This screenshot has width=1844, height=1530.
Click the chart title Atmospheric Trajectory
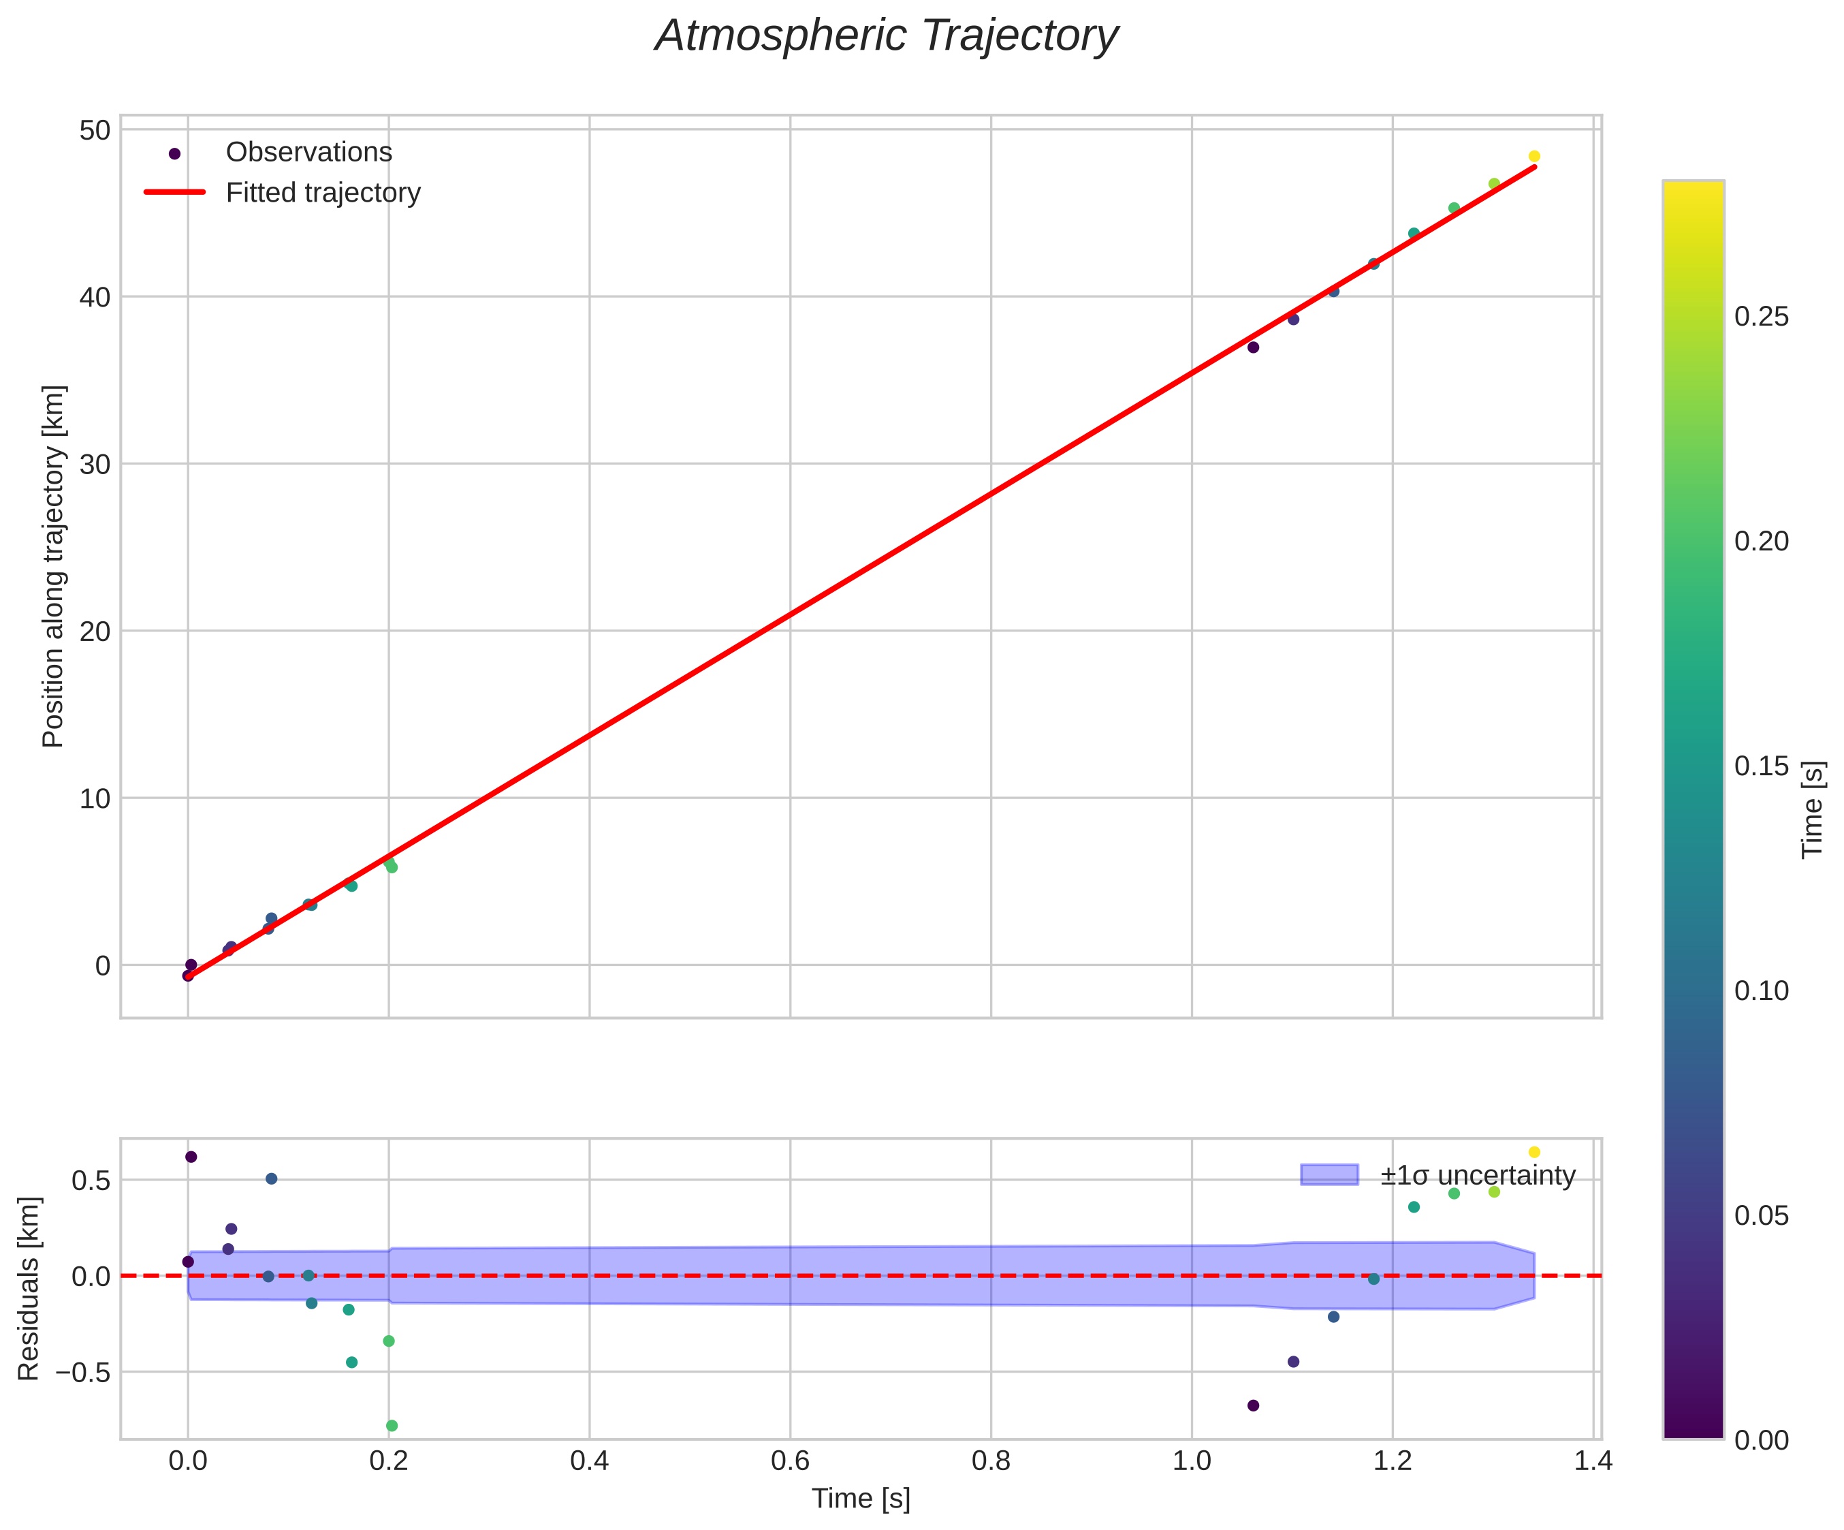[x=886, y=37]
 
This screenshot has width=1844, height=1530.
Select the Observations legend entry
[x=308, y=152]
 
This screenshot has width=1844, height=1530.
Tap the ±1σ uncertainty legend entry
[x=1477, y=1175]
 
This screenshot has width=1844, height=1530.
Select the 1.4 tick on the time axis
[x=1593, y=1461]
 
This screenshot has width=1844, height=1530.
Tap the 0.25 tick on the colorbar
[x=1762, y=317]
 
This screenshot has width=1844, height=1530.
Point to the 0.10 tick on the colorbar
[x=1762, y=990]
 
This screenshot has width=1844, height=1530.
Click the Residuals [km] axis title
[x=29, y=1287]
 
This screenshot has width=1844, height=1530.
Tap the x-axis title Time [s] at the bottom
[x=861, y=1499]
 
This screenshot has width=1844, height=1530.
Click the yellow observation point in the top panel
[x=1534, y=156]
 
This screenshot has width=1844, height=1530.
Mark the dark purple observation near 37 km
[x=1253, y=347]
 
